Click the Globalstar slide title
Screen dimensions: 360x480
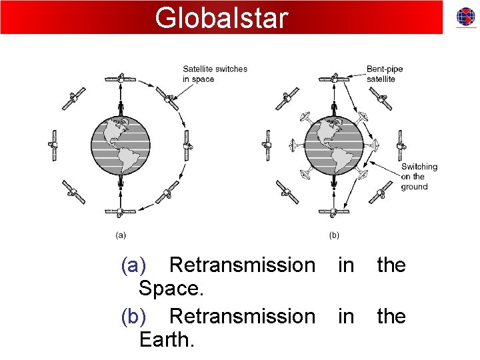221,17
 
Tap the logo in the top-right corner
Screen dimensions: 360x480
465,17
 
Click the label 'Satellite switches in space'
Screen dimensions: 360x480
215,73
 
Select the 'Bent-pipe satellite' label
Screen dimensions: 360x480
384,73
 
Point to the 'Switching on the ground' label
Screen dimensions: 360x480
419,177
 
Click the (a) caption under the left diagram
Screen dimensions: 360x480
121,235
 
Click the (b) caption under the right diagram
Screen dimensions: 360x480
334,235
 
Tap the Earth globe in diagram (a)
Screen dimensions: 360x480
121,145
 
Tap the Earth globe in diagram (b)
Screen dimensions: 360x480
334,145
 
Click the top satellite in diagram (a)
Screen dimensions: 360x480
121,79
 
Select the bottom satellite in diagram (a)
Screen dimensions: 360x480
121,212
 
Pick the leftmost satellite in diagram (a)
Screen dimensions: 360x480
54,145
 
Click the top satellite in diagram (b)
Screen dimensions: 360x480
334,79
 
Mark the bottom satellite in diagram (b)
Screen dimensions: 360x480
334,212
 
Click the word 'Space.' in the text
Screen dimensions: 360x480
171,289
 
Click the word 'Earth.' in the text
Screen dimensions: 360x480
167,340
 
